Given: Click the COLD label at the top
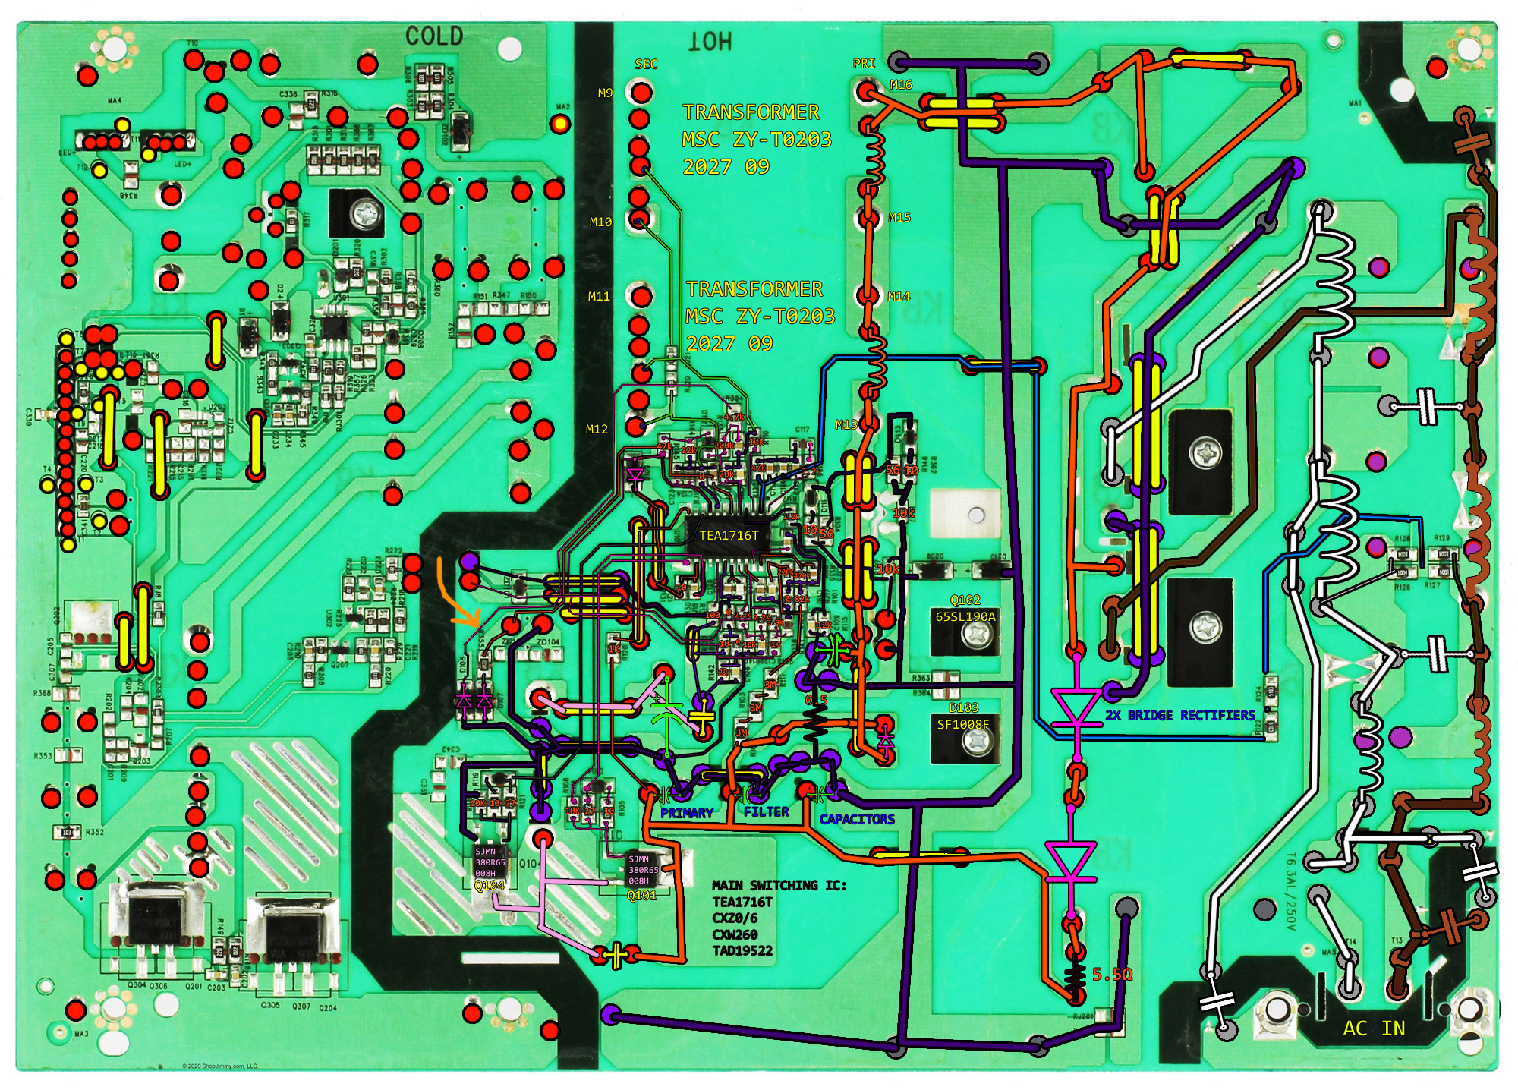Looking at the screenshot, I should click(433, 36).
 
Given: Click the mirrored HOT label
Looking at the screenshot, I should click(710, 42).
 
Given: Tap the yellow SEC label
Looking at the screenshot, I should click(646, 65).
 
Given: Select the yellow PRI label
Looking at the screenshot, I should click(864, 64).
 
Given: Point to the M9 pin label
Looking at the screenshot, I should click(605, 93).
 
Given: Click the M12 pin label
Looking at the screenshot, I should click(597, 430).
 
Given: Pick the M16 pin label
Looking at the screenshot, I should click(901, 85).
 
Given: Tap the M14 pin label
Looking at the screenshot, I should click(899, 297).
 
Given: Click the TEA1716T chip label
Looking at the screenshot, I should click(729, 536).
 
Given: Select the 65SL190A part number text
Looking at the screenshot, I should click(965, 617).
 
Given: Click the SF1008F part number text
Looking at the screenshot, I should click(963, 725).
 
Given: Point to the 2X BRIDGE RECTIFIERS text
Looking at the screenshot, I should click(1179, 716).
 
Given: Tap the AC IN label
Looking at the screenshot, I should click(1374, 1029).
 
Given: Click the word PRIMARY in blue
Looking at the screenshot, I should click(686, 814).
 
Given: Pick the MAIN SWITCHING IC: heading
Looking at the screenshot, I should click(779, 886).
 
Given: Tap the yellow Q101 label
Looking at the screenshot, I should click(641, 896).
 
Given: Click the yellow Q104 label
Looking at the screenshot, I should click(490, 886).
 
